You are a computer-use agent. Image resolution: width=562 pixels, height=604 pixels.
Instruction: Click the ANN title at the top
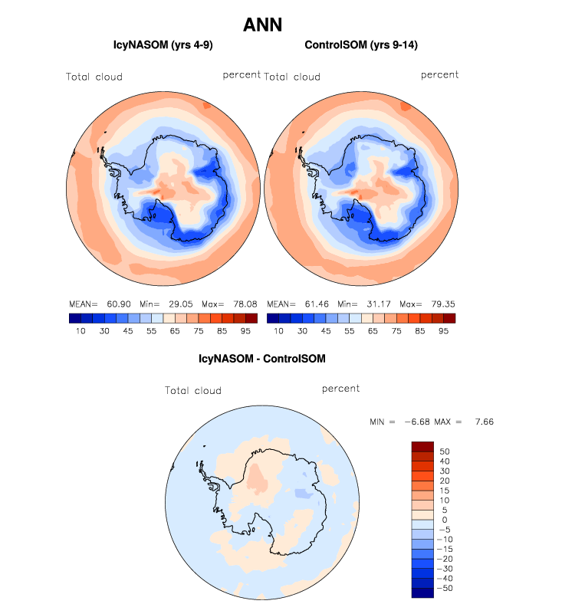(x=262, y=25)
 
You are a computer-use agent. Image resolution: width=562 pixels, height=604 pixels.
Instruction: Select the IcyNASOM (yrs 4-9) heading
(x=163, y=46)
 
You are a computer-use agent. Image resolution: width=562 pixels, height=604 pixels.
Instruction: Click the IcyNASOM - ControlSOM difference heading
(x=261, y=358)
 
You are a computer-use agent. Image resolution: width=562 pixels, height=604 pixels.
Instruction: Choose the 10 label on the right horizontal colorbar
(x=279, y=331)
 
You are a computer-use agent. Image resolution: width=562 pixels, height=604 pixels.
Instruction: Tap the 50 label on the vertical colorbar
(x=445, y=451)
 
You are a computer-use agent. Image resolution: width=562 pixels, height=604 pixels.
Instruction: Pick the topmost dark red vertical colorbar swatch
(x=422, y=447)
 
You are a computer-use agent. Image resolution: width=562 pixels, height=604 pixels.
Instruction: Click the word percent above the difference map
(x=341, y=389)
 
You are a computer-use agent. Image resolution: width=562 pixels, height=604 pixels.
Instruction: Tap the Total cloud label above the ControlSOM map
(x=292, y=77)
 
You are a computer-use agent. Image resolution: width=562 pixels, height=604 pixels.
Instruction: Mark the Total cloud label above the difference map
(x=193, y=391)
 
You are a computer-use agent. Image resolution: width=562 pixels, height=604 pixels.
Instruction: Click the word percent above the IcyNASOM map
(x=242, y=75)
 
